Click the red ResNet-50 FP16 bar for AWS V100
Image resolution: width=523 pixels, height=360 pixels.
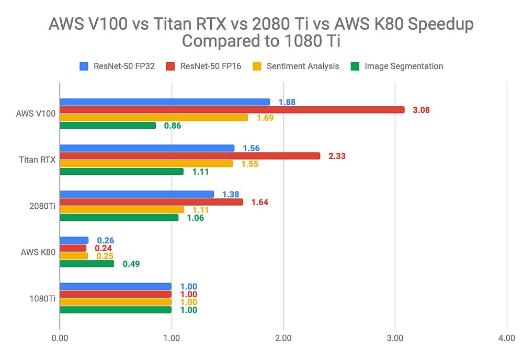pyautogui.click(x=232, y=110)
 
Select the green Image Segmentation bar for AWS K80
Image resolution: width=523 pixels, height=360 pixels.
pyautogui.click(x=87, y=264)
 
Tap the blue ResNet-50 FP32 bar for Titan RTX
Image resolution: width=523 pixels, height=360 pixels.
pyautogui.click(x=147, y=148)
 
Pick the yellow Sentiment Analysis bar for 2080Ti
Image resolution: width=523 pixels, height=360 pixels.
pyautogui.click(x=122, y=210)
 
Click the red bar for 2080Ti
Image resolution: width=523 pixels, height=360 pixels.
pyautogui.click(x=151, y=202)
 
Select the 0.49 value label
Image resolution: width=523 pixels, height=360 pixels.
pyautogui.click(x=131, y=264)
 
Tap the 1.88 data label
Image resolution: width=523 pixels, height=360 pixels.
pyautogui.click(x=287, y=102)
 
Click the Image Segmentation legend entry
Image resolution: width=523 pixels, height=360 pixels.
pyautogui.click(x=403, y=66)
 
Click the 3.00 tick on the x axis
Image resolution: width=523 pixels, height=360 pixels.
pyautogui.click(x=395, y=339)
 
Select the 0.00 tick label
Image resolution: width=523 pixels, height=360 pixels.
pyautogui.click(x=60, y=339)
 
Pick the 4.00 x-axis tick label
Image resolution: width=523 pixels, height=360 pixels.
pyautogui.click(x=506, y=339)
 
